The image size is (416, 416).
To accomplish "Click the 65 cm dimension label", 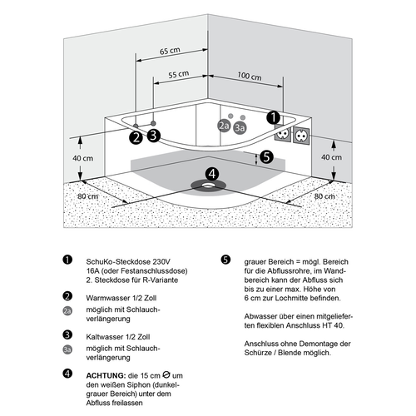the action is pyautogui.click(x=170, y=51).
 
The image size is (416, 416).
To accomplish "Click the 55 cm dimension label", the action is pyautogui.click(x=179, y=74).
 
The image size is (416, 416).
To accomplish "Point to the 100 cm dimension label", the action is pyautogui.click(x=250, y=76).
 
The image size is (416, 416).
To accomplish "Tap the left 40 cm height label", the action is pyautogui.click(x=82, y=158).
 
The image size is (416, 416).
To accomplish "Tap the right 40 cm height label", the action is pyautogui.click(x=331, y=157).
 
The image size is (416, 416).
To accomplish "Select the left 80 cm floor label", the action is pyautogui.click(x=87, y=196).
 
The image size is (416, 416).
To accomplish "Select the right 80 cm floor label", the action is pyautogui.click(x=324, y=196).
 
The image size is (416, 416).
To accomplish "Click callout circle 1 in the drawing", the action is pyautogui.click(x=274, y=117).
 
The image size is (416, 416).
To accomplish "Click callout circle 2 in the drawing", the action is pyautogui.click(x=136, y=137).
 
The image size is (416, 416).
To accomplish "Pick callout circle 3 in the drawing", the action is pyautogui.click(x=154, y=136).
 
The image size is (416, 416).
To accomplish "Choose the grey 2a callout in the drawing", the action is pyautogui.click(x=224, y=126).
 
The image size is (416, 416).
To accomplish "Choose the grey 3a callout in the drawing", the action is pyautogui.click(x=240, y=128).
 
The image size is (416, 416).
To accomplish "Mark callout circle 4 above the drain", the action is pyautogui.click(x=212, y=174).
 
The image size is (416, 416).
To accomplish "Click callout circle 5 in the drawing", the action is pyautogui.click(x=266, y=157).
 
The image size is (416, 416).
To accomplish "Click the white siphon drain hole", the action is pyautogui.click(x=208, y=185).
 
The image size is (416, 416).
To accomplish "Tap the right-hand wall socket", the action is pyautogui.click(x=301, y=136).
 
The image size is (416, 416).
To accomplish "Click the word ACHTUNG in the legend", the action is pyautogui.click(x=106, y=376).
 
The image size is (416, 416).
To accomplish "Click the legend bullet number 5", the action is pyautogui.click(x=225, y=260).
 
